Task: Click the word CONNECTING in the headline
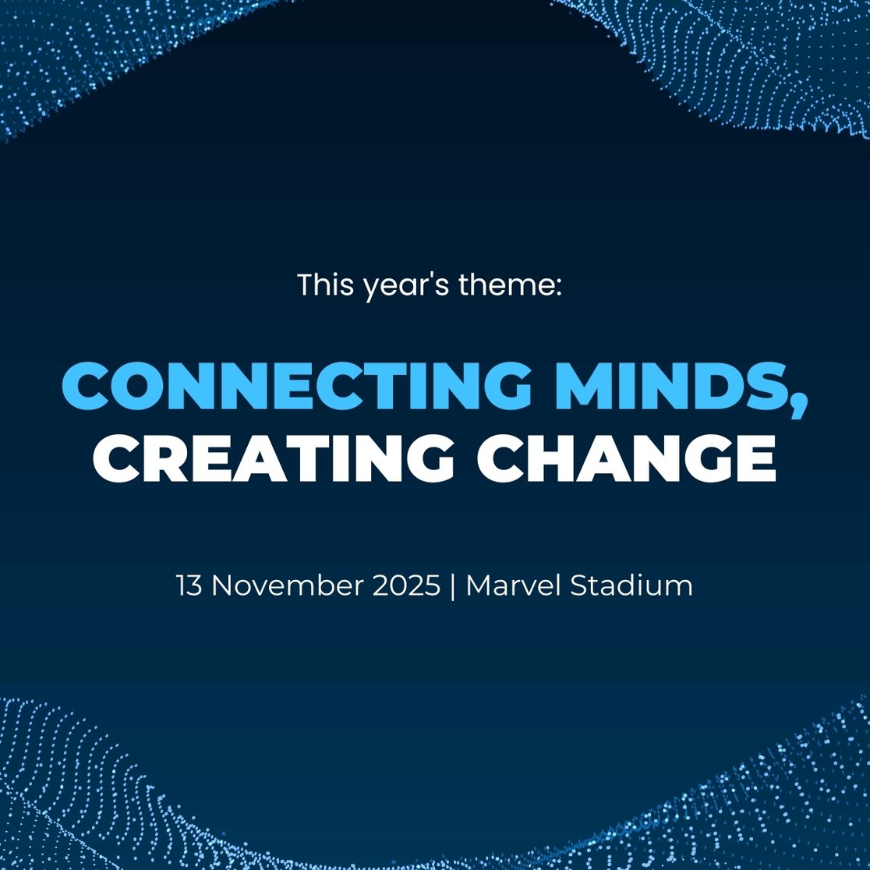pos(296,386)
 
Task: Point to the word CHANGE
pos(627,458)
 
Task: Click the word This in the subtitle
pos(325,285)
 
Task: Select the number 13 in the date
pos(189,585)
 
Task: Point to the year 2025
pos(406,585)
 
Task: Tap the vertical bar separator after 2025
pos(453,586)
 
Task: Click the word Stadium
pos(631,585)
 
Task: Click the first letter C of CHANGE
pos(500,458)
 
